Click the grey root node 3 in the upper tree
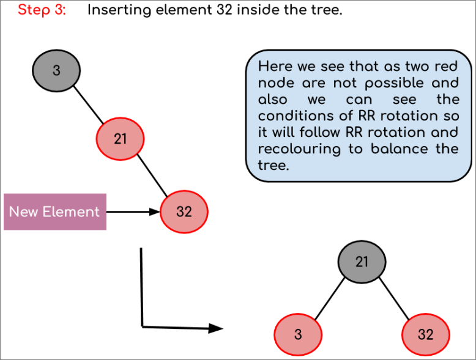click(56, 71)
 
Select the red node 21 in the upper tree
click(120, 139)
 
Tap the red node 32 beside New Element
click(184, 211)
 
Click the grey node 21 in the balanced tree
click(362, 262)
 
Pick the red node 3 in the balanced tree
click(298, 334)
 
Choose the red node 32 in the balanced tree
click(426, 334)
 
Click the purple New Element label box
click(55, 211)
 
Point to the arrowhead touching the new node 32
click(155, 211)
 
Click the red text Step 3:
click(42, 10)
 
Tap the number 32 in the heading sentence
click(225, 10)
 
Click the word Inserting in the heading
click(119, 10)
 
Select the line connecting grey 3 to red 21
click(89, 105)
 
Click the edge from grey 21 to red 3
click(330, 298)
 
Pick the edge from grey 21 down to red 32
click(394, 298)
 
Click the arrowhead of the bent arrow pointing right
click(216, 328)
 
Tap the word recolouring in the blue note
click(299, 149)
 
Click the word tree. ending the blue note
click(273, 166)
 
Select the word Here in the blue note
click(275, 67)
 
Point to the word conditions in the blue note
click(305, 116)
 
